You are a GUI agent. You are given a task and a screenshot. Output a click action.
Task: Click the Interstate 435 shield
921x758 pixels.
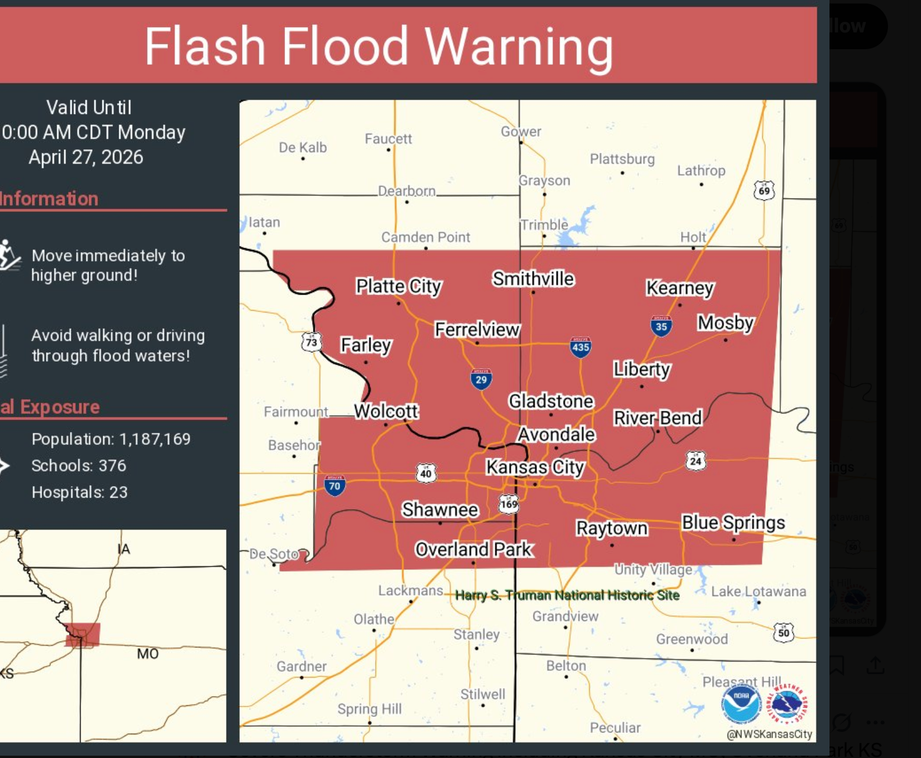coord(580,347)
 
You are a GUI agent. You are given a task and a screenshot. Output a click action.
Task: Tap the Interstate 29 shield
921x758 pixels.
coord(481,379)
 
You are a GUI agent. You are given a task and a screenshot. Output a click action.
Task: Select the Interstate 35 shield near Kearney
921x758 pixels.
coord(661,326)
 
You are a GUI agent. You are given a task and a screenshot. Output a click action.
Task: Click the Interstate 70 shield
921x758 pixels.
coord(335,485)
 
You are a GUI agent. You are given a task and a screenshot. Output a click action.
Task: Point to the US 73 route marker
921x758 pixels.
coord(312,342)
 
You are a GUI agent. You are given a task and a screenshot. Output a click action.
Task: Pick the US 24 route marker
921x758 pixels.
coord(696,461)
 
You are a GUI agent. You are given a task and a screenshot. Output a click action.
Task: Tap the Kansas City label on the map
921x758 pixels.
coord(535,467)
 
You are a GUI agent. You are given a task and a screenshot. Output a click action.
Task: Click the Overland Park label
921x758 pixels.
coord(474,549)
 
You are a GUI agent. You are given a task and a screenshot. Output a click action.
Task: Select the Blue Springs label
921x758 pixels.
coord(733,522)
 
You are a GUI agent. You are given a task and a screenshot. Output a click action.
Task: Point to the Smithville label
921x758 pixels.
coord(533,279)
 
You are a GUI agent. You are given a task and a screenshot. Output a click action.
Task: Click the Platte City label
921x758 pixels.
coord(399,286)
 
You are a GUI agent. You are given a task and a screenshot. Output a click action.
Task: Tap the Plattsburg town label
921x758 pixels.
coord(622,159)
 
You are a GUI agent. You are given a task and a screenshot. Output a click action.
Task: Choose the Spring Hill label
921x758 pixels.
coord(369,709)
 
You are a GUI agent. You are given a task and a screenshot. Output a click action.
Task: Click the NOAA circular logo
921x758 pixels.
coord(741,703)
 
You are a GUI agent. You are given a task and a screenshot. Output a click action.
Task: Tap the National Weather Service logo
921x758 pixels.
coord(786,703)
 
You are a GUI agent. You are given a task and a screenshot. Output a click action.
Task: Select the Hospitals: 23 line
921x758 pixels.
coord(79,492)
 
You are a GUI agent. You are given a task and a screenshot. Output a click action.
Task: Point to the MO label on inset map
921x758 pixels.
coord(148,654)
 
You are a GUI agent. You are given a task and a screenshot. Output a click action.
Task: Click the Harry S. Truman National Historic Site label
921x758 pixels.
coord(567,595)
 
